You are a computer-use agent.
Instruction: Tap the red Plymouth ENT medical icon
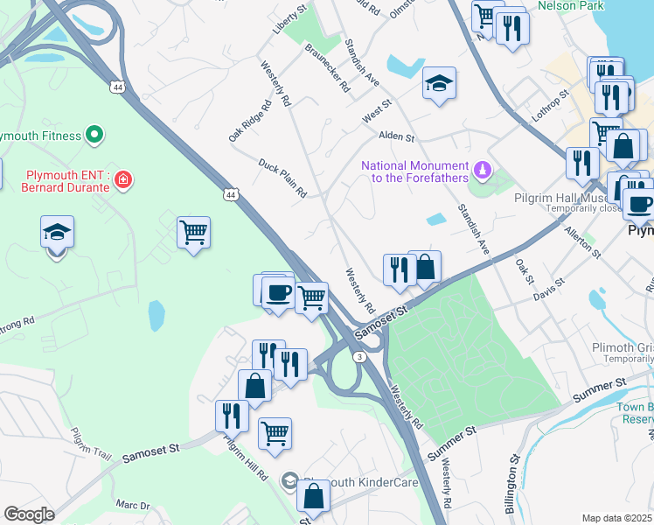tap(123, 180)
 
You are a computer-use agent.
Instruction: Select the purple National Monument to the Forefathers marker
tap(480, 167)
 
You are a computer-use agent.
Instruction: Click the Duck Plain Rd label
tap(282, 178)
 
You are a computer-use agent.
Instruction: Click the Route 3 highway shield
tap(359, 356)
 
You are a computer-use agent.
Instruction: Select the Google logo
tap(29, 514)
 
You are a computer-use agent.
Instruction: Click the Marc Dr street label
tap(133, 505)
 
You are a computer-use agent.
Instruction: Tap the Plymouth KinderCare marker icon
tap(289, 481)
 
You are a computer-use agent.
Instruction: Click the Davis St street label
tap(549, 290)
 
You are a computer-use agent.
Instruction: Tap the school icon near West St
tap(439, 84)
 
